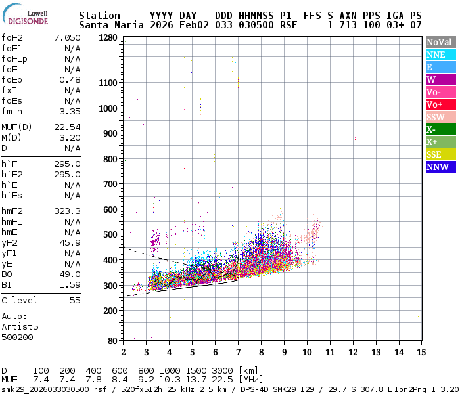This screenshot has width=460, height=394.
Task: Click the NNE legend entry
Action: [440, 55]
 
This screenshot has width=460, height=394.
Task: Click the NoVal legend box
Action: [440, 42]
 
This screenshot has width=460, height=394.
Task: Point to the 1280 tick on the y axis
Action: [108, 38]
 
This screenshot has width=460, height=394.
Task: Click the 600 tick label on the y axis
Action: [110, 209]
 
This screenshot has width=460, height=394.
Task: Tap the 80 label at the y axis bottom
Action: [113, 340]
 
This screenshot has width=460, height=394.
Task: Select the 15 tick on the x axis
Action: [421, 353]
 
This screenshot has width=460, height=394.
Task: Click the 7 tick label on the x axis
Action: [238, 353]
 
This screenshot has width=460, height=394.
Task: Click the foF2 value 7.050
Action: [66, 37]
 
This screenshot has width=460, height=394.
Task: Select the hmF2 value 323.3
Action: [66, 211]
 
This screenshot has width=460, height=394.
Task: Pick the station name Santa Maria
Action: [109, 25]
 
